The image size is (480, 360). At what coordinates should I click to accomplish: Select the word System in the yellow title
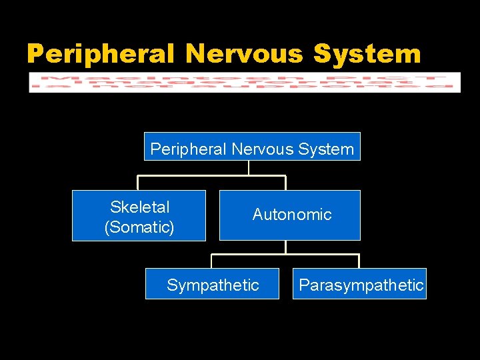367,53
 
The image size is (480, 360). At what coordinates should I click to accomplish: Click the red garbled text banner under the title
245,82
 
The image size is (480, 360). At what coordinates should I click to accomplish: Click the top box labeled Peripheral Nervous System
252,147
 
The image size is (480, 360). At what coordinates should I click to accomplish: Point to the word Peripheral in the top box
189,149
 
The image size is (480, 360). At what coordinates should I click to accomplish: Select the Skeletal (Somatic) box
139,215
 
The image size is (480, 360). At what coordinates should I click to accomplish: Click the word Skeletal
140,207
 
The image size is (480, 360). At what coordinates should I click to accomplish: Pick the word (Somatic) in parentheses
139,227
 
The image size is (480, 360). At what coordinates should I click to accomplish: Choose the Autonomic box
289,215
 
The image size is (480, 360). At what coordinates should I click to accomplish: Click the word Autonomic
292,215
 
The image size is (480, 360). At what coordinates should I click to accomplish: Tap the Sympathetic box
212,284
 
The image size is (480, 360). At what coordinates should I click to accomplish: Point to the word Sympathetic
213,285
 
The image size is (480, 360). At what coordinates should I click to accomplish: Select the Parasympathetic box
359,284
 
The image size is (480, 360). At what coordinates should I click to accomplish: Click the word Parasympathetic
361,285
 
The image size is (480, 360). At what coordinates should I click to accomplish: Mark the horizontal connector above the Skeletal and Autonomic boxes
212,176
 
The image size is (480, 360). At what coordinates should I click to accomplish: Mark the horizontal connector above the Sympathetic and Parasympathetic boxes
285,254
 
